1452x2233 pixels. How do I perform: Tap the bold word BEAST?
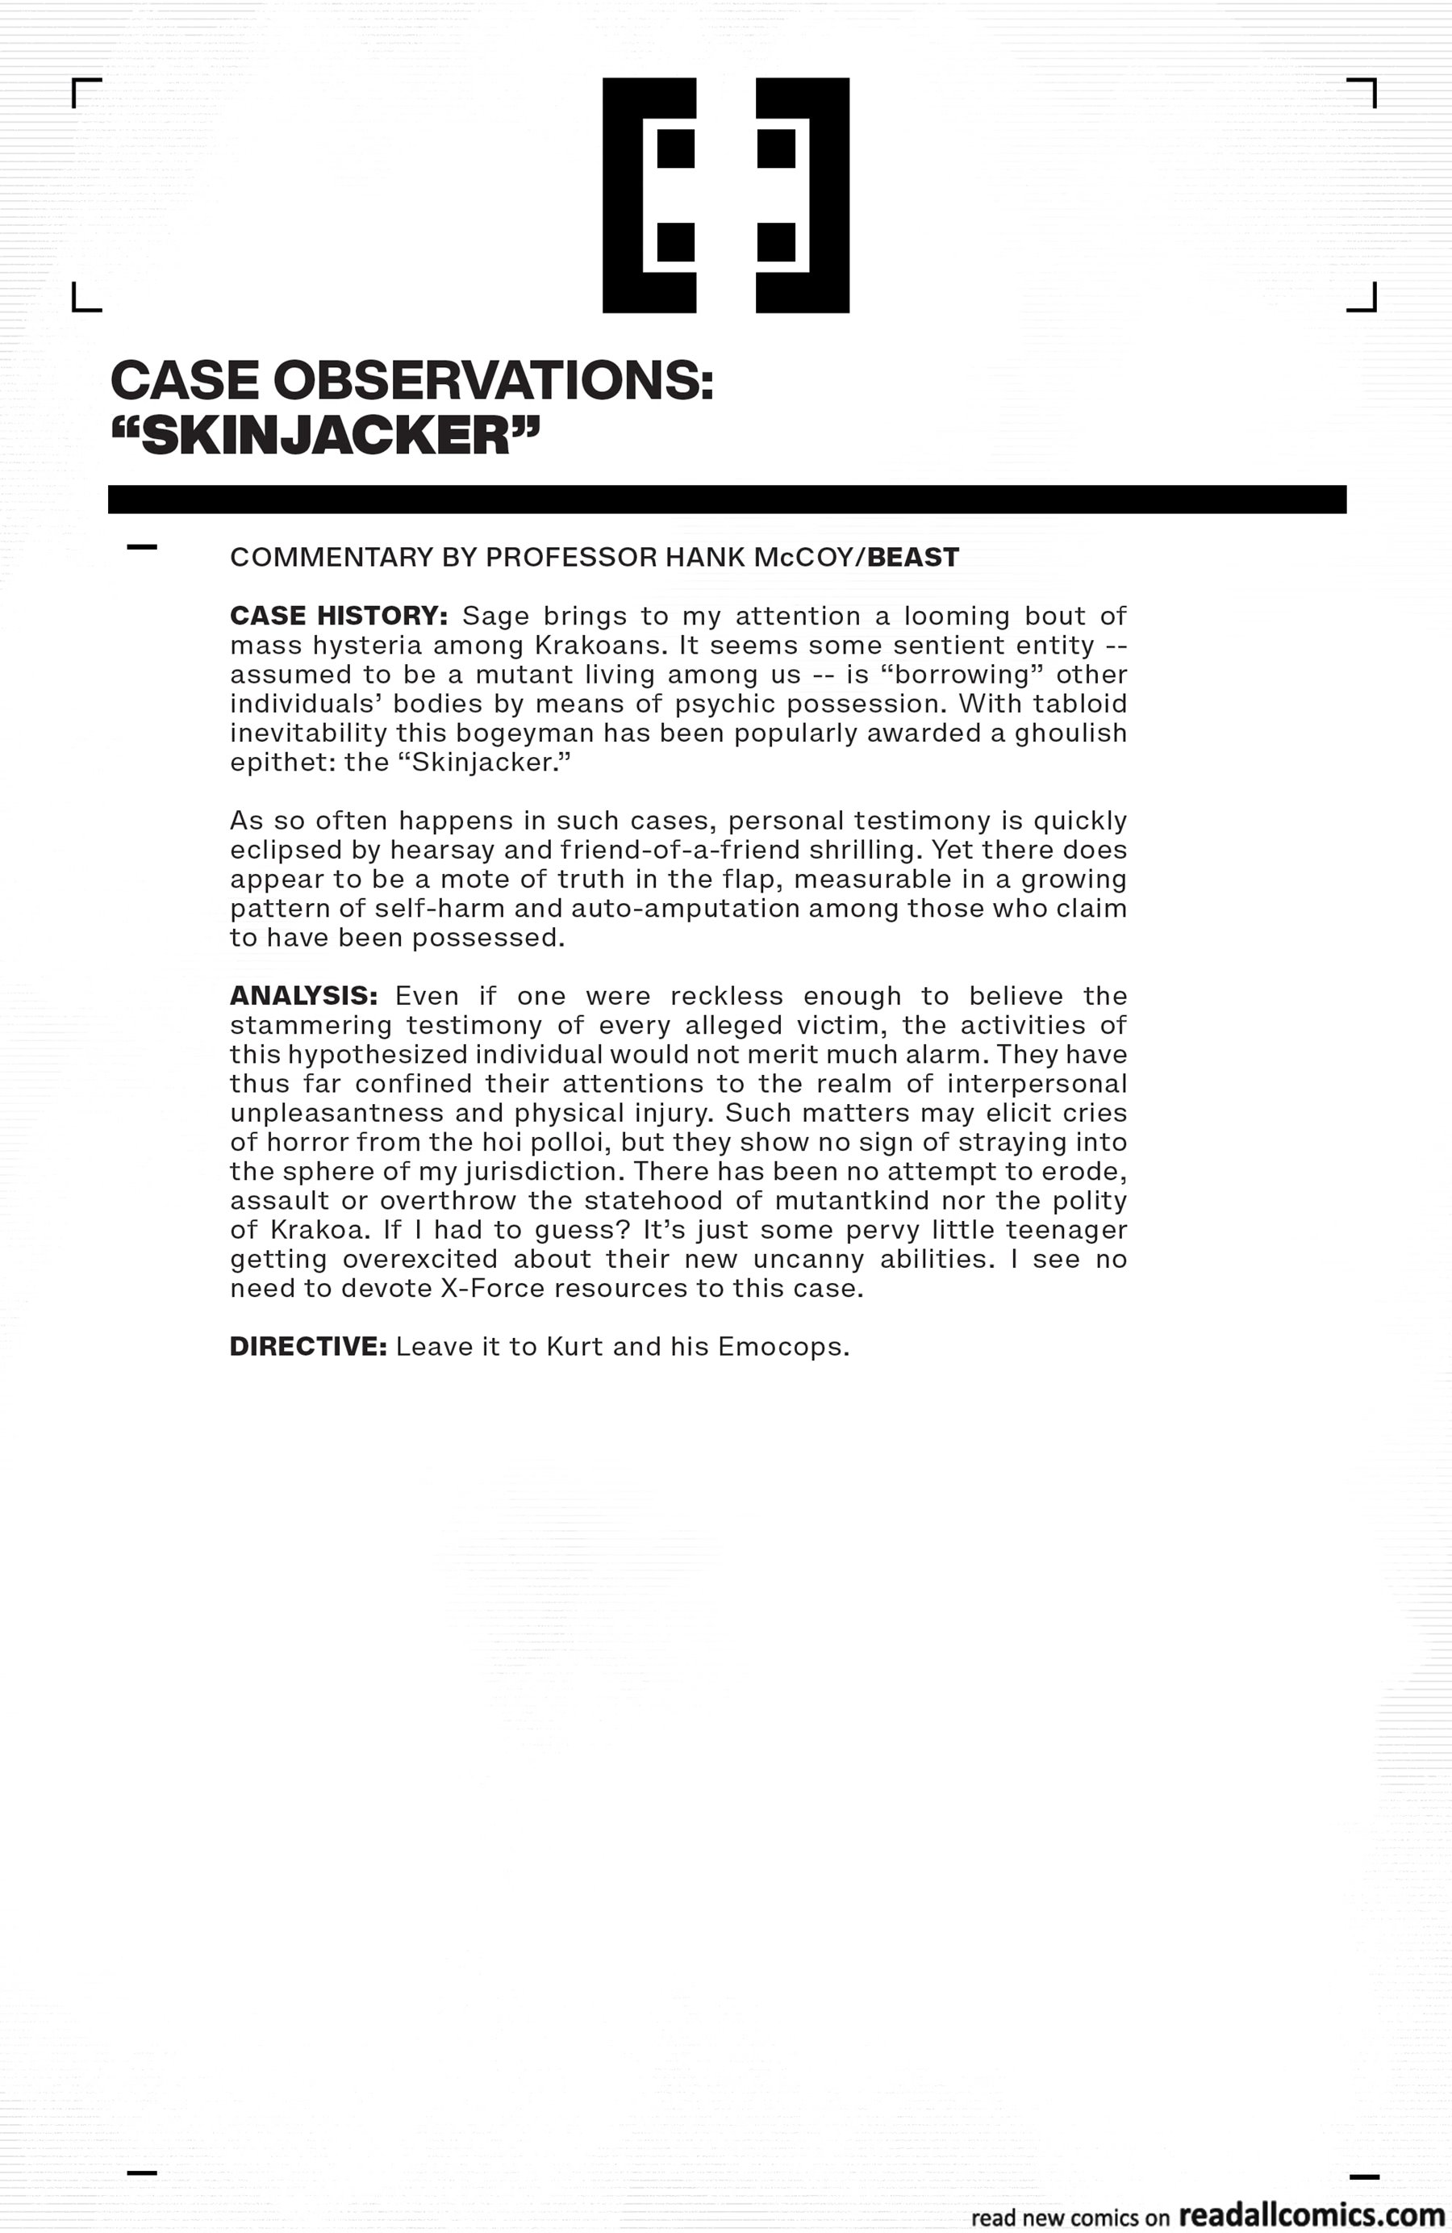click(x=912, y=558)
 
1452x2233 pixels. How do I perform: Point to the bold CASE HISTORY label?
click(x=339, y=616)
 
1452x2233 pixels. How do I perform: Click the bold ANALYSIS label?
click(x=303, y=996)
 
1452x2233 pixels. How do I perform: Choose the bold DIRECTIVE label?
click(x=307, y=1346)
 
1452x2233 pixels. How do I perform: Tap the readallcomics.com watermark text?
click(x=1310, y=2214)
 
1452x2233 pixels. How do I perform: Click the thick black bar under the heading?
click(x=726, y=500)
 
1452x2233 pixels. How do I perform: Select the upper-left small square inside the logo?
click(x=675, y=148)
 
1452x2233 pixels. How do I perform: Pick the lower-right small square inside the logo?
click(x=776, y=242)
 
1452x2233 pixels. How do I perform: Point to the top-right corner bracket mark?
click(x=1364, y=91)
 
